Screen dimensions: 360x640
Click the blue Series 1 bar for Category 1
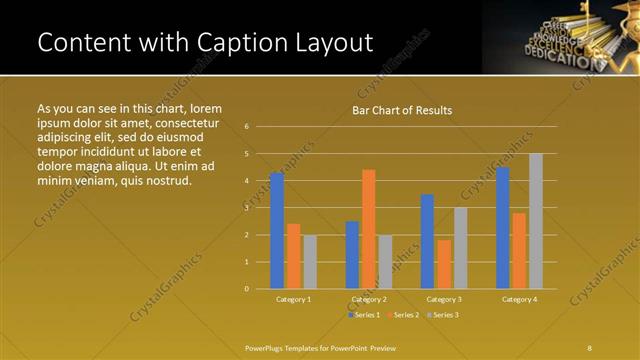pos(277,231)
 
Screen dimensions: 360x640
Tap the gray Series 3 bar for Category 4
pos(536,221)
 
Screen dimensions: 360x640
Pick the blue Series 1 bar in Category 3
pos(428,241)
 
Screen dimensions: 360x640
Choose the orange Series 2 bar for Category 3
pos(444,264)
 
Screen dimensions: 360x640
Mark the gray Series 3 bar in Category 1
pos(309,262)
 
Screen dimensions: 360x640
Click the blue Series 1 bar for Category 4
pos(503,228)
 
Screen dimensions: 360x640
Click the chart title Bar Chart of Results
pos(402,110)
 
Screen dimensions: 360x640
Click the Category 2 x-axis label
pos(369,299)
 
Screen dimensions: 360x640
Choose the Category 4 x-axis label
pos(519,299)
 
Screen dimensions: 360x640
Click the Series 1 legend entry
pos(363,315)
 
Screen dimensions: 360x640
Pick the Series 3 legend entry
pos(443,315)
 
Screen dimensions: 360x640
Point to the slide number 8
pos(590,347)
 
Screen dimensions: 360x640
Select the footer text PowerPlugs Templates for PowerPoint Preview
pos(321,347)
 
